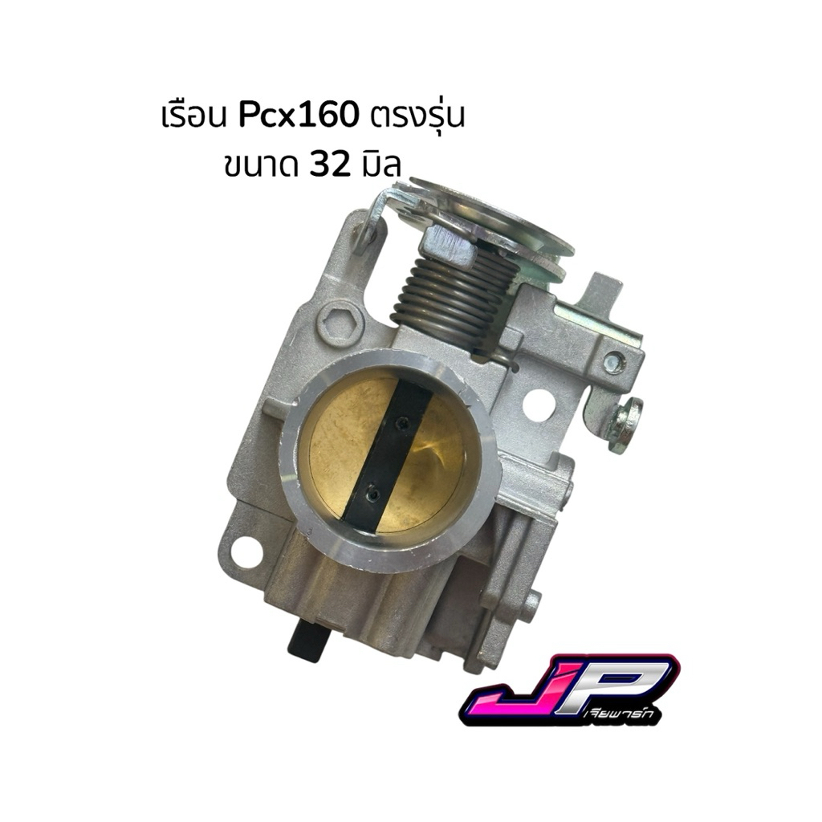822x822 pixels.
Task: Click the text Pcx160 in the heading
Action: (299, 116)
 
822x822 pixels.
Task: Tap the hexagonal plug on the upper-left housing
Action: (340, 322)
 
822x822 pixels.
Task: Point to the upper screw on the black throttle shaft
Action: (403, 421)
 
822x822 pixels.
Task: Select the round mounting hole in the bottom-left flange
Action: (245, 551)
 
